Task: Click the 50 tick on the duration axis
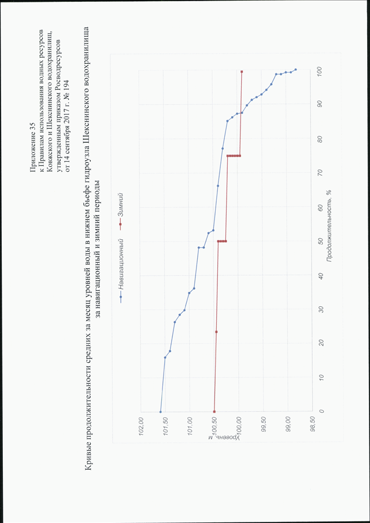pos(321,241)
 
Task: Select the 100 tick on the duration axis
pos(321,71)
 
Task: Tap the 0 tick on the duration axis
pos(321,411)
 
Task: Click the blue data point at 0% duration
pos(161,412)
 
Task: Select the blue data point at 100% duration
pos(295,70)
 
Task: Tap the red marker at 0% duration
pos(214,412)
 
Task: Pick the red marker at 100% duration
pos(242,72)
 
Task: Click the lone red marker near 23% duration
pos(216,332)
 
